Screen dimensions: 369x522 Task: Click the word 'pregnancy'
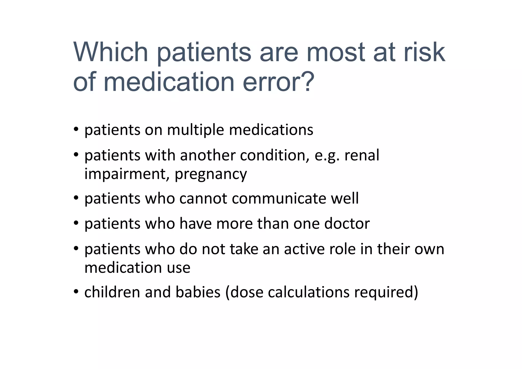[x=211, y=174]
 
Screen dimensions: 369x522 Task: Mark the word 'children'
[x=112, y=292]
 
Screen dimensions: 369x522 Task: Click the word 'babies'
[x=198, y=292]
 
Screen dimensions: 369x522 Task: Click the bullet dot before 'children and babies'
[x=76, y=291]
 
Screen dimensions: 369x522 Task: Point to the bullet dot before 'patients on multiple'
[x=76, y=129]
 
